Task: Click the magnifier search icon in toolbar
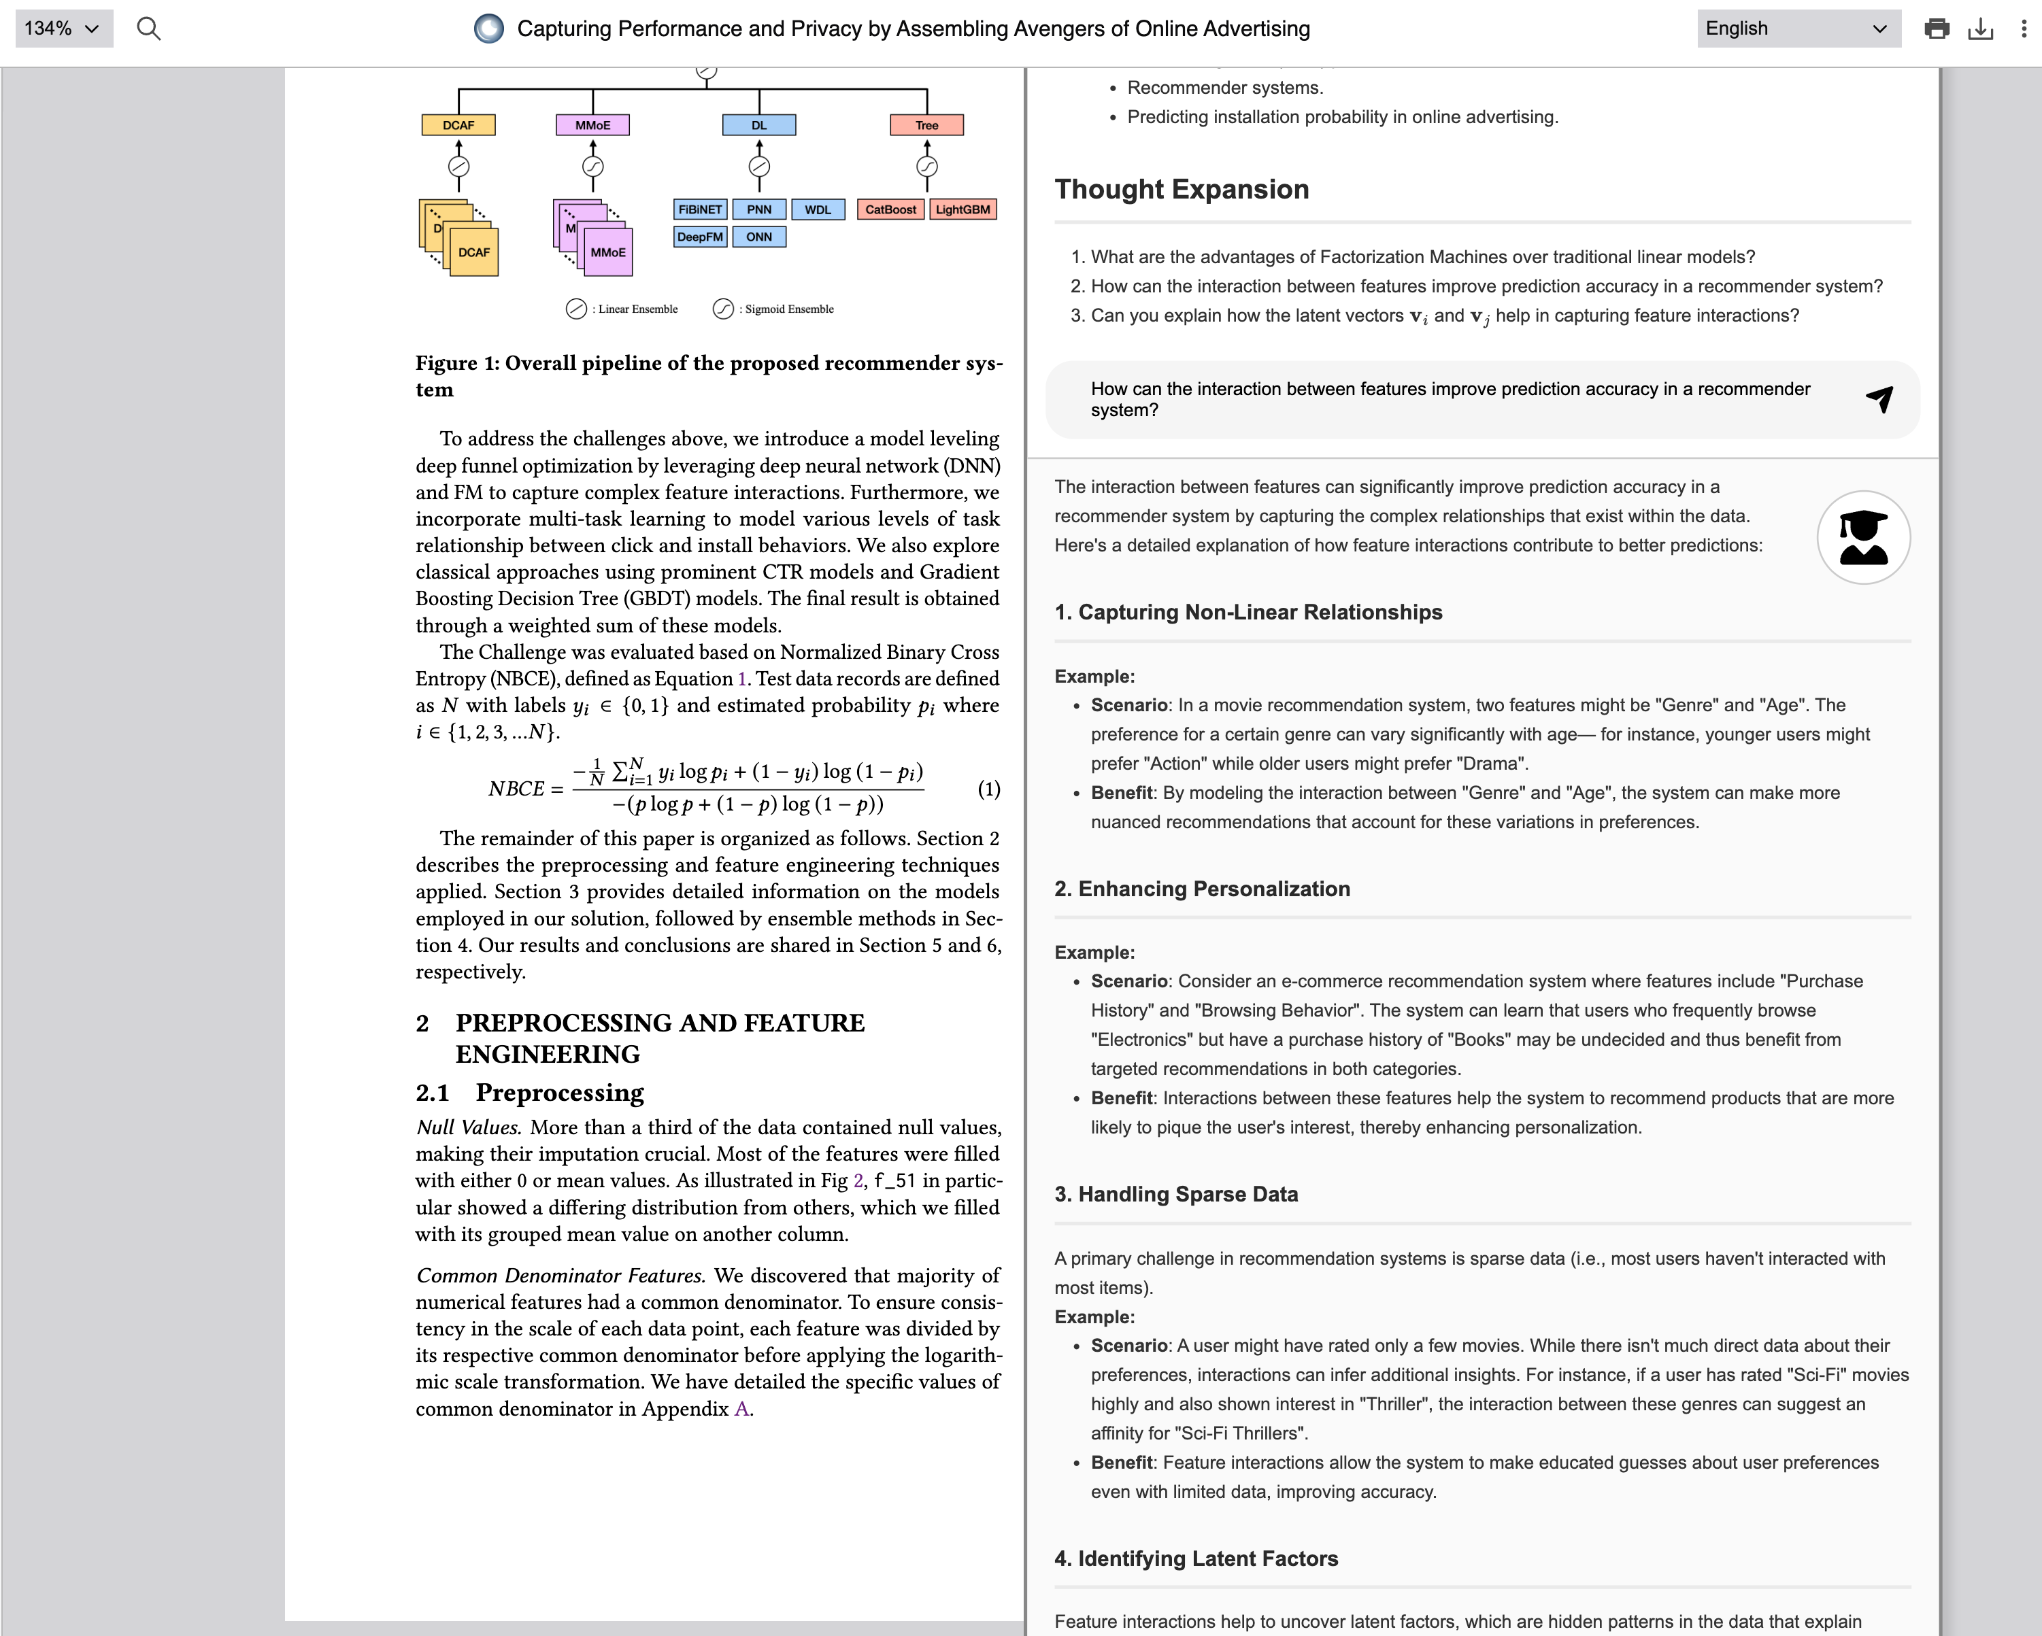coord(149,29)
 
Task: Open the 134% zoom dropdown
coord(63,29)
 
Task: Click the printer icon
coord(1937,29)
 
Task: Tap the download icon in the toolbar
coord(1980,29)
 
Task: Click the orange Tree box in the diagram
coord(926,125)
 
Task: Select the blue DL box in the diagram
coord(758,125)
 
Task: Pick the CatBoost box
coord(890,209)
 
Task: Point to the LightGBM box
coord(963,209)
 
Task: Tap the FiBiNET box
coord(700,209)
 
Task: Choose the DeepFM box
coord(700,237)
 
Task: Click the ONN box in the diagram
coord(758,237)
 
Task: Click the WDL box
coord(818,209)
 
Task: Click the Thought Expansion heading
coord(1181,189)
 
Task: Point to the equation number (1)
coord(988,789)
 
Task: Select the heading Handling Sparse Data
coord(1175,1194)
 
